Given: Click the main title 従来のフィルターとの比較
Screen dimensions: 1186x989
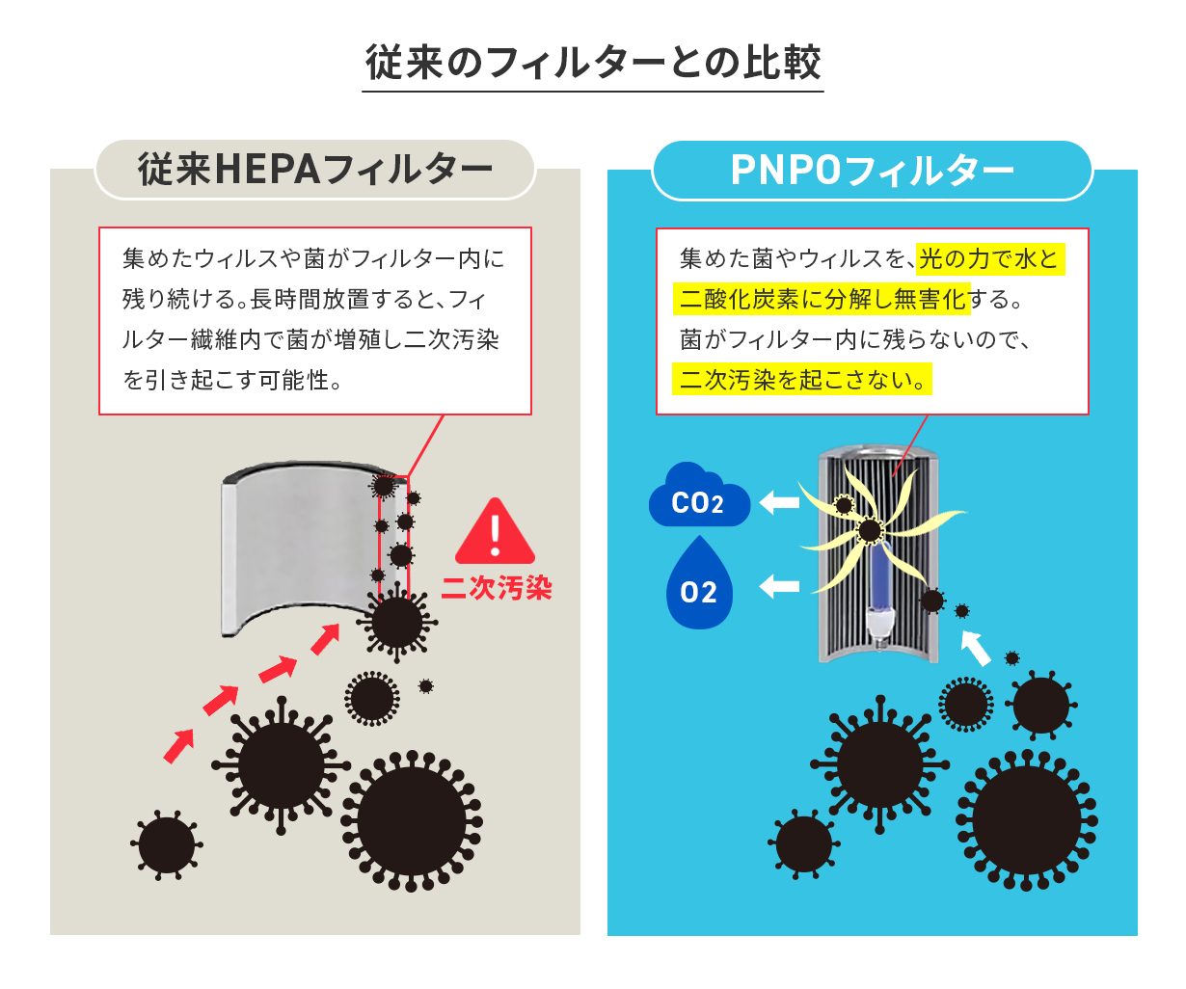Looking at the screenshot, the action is tap(593, 63).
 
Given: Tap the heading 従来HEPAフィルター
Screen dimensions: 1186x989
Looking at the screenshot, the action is tap(314, 170).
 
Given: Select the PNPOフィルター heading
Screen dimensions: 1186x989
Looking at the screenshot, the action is tap(872, 171).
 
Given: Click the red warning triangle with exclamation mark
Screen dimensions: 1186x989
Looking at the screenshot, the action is tap(495, 531).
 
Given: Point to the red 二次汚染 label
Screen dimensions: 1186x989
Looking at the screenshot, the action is tap(496, 587).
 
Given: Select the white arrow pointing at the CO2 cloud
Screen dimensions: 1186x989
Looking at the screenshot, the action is tap(779, 502).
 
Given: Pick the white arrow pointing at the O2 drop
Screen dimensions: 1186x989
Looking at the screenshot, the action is tap(779, 586).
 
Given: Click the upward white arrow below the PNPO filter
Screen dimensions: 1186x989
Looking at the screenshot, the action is tap(975, 647).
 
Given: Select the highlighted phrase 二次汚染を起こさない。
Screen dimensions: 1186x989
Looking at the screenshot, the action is tap(802, 379).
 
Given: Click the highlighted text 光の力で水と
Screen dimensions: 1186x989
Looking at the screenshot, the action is tap(990, 259).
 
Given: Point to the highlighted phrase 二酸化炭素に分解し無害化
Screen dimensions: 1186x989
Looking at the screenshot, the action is tap(822, 299).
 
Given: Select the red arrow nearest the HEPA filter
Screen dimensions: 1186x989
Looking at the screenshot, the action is tap(326, 639).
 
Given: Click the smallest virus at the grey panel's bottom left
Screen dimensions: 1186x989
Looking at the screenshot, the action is tap(167, 844).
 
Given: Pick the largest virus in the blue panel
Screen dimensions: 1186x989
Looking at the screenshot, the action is tap(1026, 820).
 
